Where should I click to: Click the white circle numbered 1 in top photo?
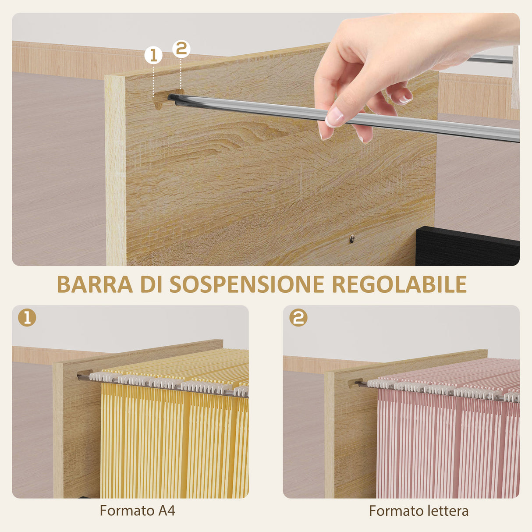(153, 56)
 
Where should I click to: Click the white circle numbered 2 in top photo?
(181, 49)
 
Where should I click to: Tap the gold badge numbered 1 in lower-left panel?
(27, 317)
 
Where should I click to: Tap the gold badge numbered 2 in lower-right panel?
(298, 317)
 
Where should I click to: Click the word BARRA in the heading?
(95, 284)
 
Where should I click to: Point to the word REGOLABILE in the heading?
(399, 284)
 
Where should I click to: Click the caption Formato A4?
(137, 511)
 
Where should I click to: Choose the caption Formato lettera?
(419, 511)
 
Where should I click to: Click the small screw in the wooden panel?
(351, 239)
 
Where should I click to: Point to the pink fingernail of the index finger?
(334, 117)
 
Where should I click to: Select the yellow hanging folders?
(175, 438)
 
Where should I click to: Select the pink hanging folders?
(447, 443)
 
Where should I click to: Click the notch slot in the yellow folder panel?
(82, 376)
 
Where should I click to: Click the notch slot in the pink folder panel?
(354, 383)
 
